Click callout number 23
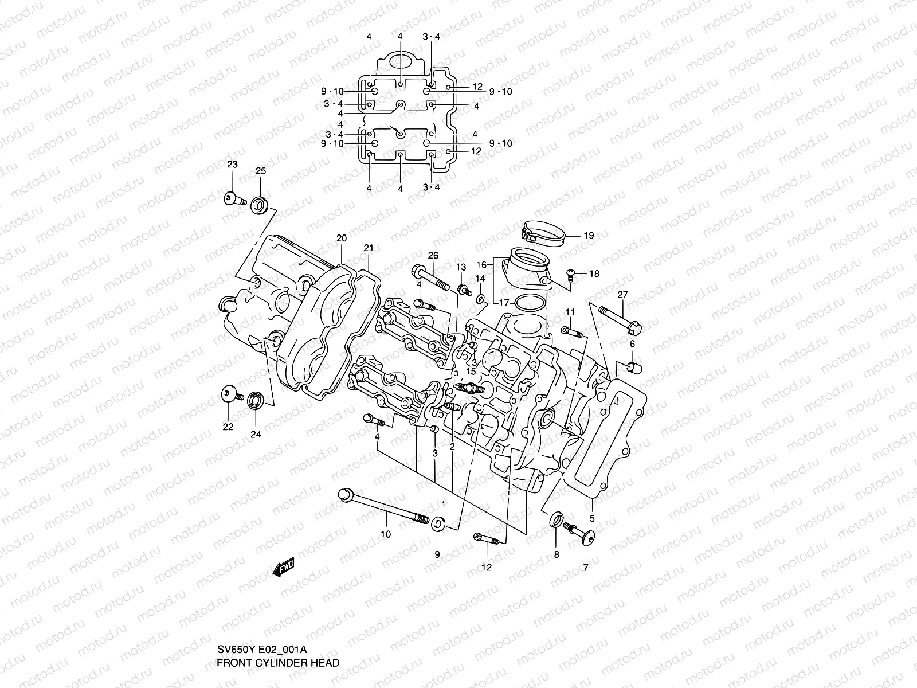click(232, 165)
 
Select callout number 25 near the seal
click(260, 171)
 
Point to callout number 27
click(622, 295)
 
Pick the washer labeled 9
click(439, 524)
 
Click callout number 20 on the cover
click(342, 238)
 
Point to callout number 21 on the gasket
click(368, 248)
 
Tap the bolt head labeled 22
click(229, 394)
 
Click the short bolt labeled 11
click(571, 331)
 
